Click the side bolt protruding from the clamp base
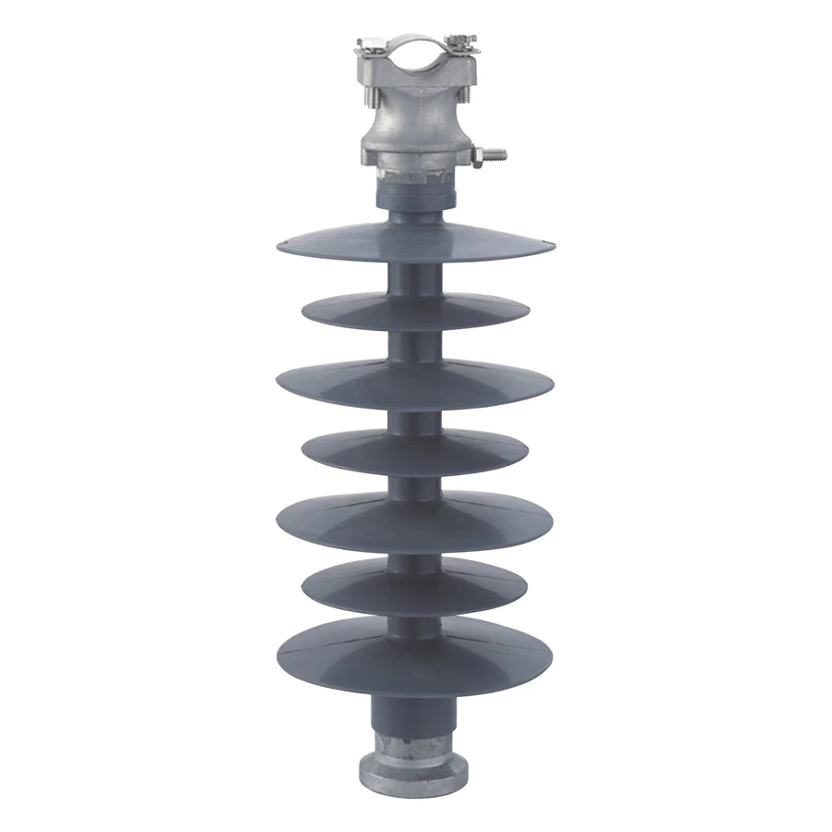[x=496, y=153]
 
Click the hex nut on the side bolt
[x=477, y=156]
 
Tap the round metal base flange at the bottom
[x=414, y=768]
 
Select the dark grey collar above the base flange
[x=414, y=713]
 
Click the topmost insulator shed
[x=414, y=241]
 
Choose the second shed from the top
[x=414, y=312]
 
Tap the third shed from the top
[x=414, y=382]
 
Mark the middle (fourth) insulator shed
[x=414, y=452]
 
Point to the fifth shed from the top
[x=414, y=520]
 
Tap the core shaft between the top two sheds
[x=414, y=278]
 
